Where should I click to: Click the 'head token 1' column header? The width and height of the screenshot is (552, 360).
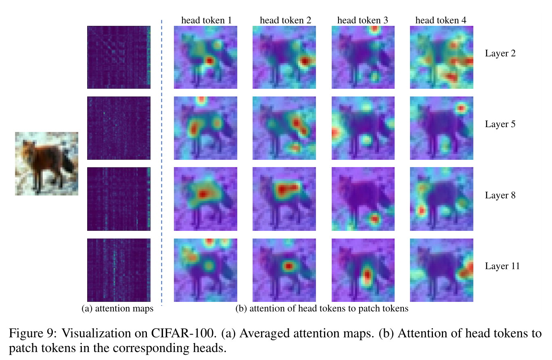[206, 20]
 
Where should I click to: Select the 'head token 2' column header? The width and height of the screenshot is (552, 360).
[285, 20]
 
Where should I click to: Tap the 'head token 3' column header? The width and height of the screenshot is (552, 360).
[362, 20]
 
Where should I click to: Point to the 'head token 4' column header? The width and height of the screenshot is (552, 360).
[441, 20]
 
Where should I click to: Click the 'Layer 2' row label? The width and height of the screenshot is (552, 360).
[500, 53]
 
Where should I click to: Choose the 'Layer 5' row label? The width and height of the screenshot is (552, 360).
[500, 124]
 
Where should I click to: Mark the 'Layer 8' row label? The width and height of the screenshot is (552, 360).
[500, 195]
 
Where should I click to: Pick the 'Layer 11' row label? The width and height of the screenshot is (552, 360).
[502, 266]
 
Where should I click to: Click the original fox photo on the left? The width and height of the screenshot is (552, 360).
[46, 163]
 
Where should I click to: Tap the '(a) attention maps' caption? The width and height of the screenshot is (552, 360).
[117, 309]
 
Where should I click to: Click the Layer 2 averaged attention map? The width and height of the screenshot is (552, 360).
[119, 57]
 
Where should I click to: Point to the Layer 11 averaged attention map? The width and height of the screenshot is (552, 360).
[119, 270]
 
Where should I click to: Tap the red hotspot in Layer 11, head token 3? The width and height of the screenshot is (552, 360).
[366, 276]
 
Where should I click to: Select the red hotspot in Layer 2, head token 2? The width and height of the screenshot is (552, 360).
[305, 61]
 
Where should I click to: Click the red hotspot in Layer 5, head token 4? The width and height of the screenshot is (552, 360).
[461, 108]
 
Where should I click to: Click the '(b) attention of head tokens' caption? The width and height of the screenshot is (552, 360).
[322, 309]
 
